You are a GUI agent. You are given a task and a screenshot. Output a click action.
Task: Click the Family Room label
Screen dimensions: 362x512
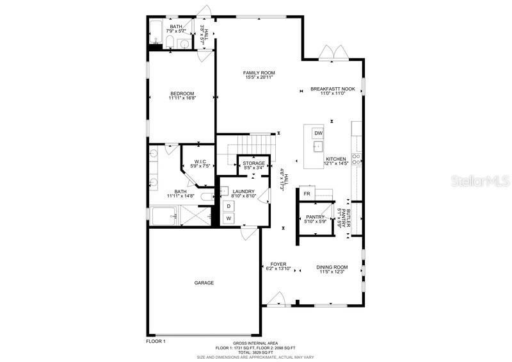pyautogui.click(x=259, y=73)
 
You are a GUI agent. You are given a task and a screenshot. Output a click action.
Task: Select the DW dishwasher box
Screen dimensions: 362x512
pyautogui.click(x=317, y=133)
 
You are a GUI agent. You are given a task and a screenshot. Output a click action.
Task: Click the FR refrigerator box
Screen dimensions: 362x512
pyautogui.click(x=307, y=193)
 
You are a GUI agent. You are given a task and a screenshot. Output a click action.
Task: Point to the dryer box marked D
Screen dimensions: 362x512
pyautogui.click(x=228, y=206)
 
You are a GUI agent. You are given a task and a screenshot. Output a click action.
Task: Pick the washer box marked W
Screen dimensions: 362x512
pyautogui.click(x=228, y=218)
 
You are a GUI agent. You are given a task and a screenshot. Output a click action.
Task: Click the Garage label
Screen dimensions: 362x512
pyautogui.click(x=204, y=283)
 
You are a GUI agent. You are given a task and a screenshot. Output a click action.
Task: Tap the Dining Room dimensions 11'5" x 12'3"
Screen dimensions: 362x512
pyautogui.click(x=332, y=272)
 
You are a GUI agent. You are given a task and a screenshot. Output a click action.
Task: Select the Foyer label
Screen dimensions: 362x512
pyautogui.click(x=278, y=263)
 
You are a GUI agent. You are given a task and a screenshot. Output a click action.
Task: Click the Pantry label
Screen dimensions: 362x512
pyautogui.click(x=316, y=217)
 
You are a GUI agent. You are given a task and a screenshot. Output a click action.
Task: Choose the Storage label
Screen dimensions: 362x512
pyautogui.click(x=253, y=163)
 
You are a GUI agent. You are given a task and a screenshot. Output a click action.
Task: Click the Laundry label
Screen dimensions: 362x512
pyautogui.click(x=243, y=192)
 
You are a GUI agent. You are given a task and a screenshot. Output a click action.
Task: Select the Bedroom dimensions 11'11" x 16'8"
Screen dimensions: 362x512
pyautogui.click(x=182, y=98)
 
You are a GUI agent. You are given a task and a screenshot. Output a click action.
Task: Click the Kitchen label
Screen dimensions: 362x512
pyautogui.click(x=336, y=159)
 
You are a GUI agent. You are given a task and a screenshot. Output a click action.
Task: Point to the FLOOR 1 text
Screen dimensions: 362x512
pyautogui.click(x=156, y=341)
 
